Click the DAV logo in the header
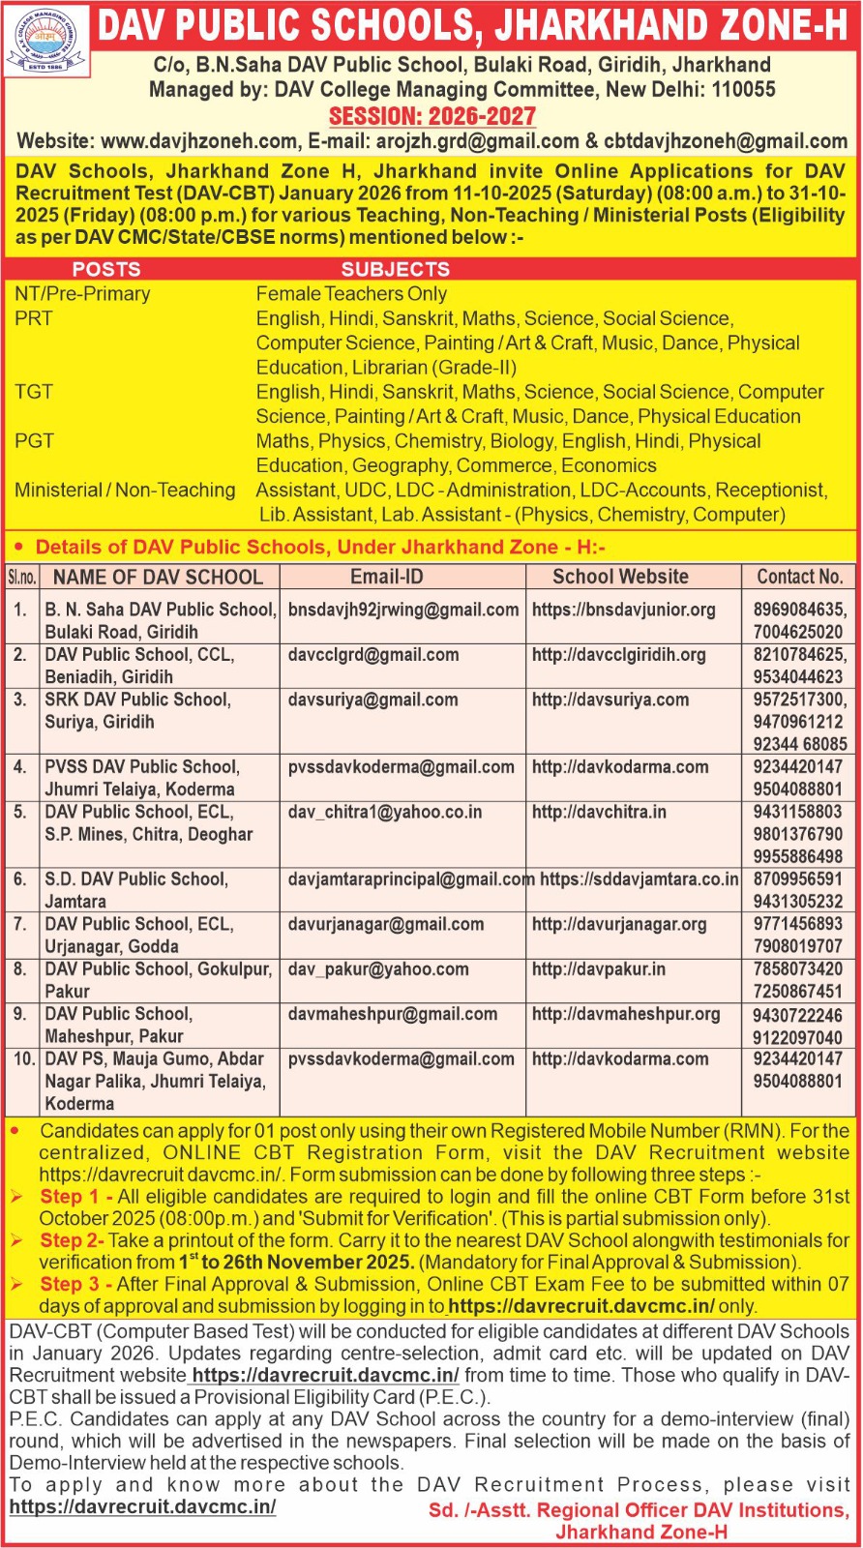click(x=46, y=42)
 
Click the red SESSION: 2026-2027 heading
click(x=432, y=116)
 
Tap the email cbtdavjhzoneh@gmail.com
click(x=726, y=141)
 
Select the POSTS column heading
click(x=106, y=269)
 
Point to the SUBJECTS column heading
click(x=396, y=269)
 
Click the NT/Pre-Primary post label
click(x=82, y=294)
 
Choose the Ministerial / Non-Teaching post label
click(x=125, y=491)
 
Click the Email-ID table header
click(x=387, y=577)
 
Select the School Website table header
click(x=620, y=577)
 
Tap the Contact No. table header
click(x=800, y=577)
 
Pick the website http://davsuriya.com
click(x=610, y=700)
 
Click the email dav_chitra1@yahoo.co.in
click(x=385, y=812)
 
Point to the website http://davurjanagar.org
click(x=619, y=924)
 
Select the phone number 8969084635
click(x=799, y=610)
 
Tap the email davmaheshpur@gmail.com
click(x=393, y=1014)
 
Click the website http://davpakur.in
click(x=599, y=968)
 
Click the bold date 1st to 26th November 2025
click(x=296, y=1262)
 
